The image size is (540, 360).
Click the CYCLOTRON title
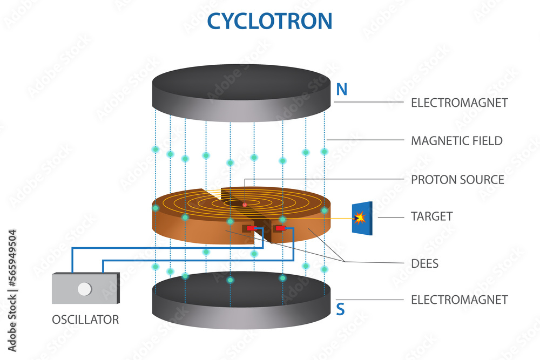[x=269, y=21]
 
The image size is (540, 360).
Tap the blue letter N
[x=341, y=90]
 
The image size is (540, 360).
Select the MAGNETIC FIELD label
[x=457, y=141]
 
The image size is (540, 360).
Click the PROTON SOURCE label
[x=457, y=180]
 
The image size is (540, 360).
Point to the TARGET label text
[x=431, y=216]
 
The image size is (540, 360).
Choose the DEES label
[x=424, y=264]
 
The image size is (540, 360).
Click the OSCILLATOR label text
[x=85, y=320]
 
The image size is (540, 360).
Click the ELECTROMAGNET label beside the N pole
[x=460, y=102]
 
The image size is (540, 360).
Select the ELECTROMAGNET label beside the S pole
[x=460, y=299]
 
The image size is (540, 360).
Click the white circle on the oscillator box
[x=84, y=289]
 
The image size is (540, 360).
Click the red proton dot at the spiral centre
[x=245, y=205]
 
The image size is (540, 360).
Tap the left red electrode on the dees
[x=252, y=229]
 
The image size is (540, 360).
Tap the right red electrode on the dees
[x=280, y=229]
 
